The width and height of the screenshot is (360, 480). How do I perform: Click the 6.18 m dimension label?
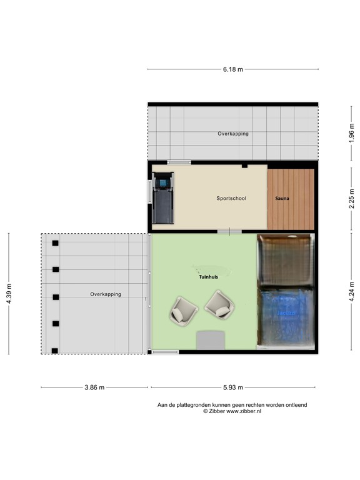[x=233, y=69]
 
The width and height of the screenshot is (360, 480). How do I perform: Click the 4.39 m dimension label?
[x=9, y=293]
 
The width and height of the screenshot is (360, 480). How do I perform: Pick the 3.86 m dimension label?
[x=94, y=387]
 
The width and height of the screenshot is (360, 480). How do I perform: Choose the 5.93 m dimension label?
[x=232, y=387]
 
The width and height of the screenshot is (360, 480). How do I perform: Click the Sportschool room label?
[x=231, y=198]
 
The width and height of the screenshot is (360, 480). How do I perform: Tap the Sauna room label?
[x=282, y=198]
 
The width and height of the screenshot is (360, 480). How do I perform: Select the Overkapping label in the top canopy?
[x=233, y=134]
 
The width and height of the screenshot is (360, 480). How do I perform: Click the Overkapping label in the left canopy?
[x=105, y=294]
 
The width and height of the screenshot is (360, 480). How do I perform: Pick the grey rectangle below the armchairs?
[x=211, y=341]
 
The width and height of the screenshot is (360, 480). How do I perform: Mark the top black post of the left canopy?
[x=56, y=243]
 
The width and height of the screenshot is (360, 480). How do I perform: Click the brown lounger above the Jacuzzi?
[x=285, y=259]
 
